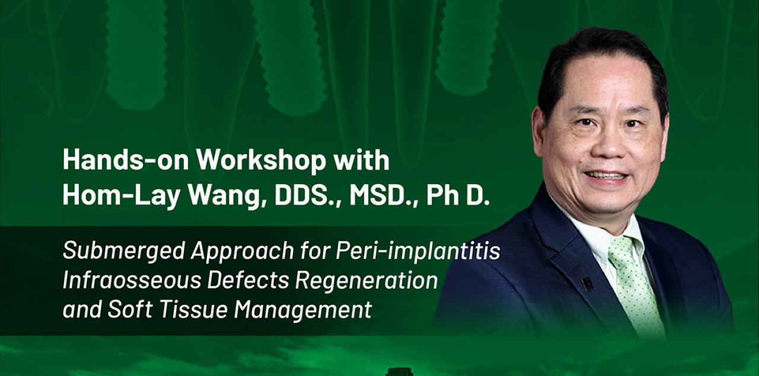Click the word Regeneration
pyautogui.click(x=366, y=281)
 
